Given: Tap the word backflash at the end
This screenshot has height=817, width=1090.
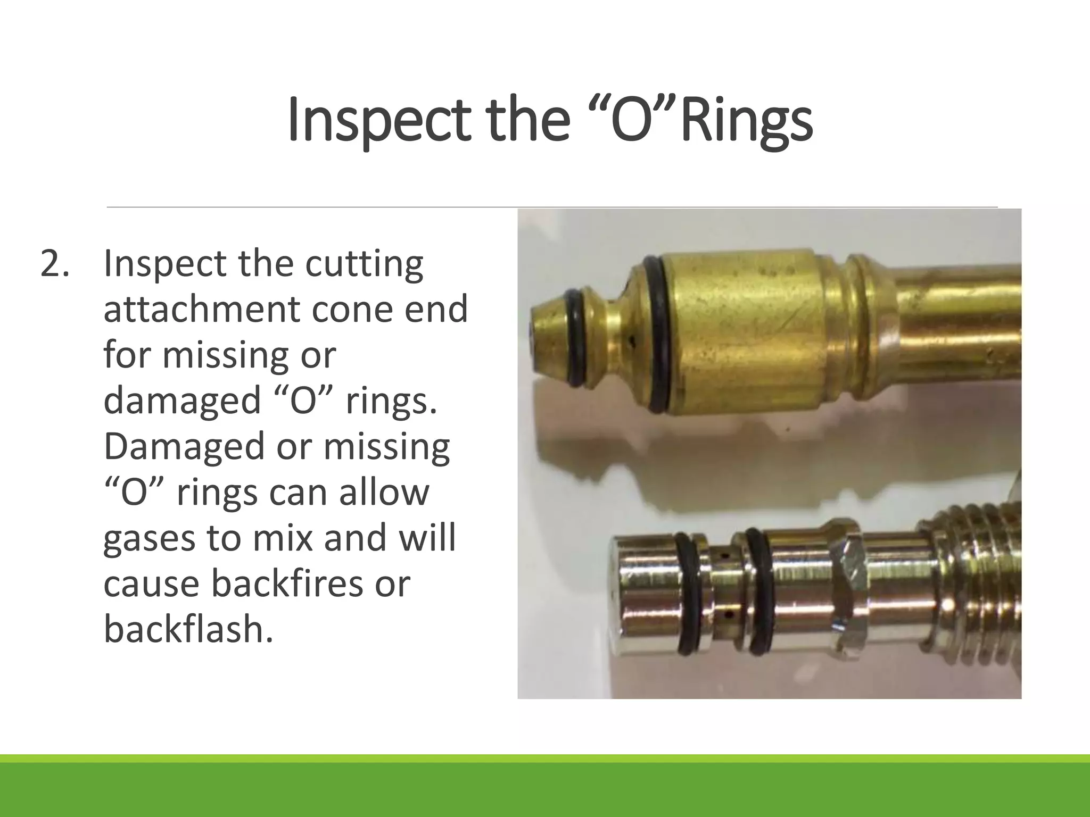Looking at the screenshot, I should click(188, 629).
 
